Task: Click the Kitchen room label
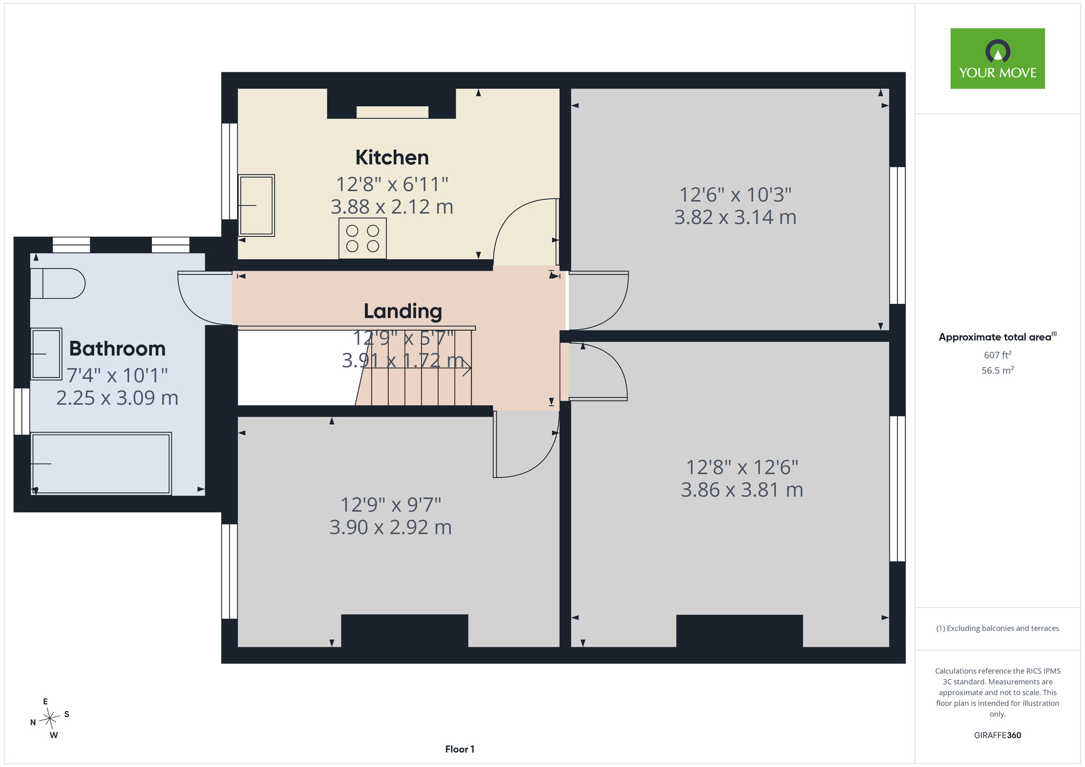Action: point(392,157)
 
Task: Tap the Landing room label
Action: point(403,311)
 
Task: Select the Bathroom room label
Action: point(117,348)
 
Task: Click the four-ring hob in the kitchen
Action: point(362,238)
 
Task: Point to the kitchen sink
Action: point(256,205)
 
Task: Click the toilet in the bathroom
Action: point(58,283)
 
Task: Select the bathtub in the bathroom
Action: point(101,463)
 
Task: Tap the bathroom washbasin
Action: point(46,354)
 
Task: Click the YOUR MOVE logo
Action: point(998,59)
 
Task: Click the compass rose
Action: point(50,719)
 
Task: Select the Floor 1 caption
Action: point(459,749)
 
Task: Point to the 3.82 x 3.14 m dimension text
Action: point(735,218)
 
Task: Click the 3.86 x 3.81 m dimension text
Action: point(742,490)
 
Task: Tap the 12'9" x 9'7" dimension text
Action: point(391,505)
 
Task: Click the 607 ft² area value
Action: point(998,355)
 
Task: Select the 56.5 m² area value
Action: point(998,370)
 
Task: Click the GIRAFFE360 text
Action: point(998,736)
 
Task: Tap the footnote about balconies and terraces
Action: point(998,628)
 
